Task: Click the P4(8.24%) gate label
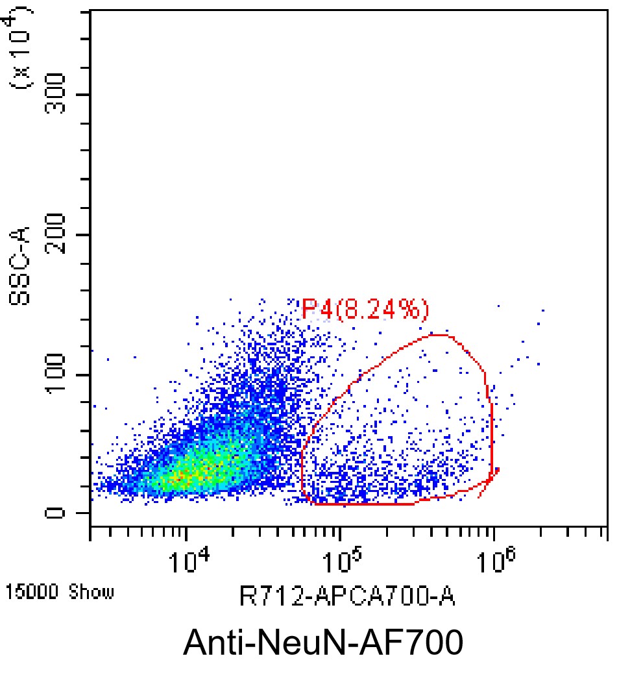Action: coord(365,310)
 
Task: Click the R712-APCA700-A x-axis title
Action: coord(347,596)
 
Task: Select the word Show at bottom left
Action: coord(91,591)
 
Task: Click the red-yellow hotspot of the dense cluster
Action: coord(185,478)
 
